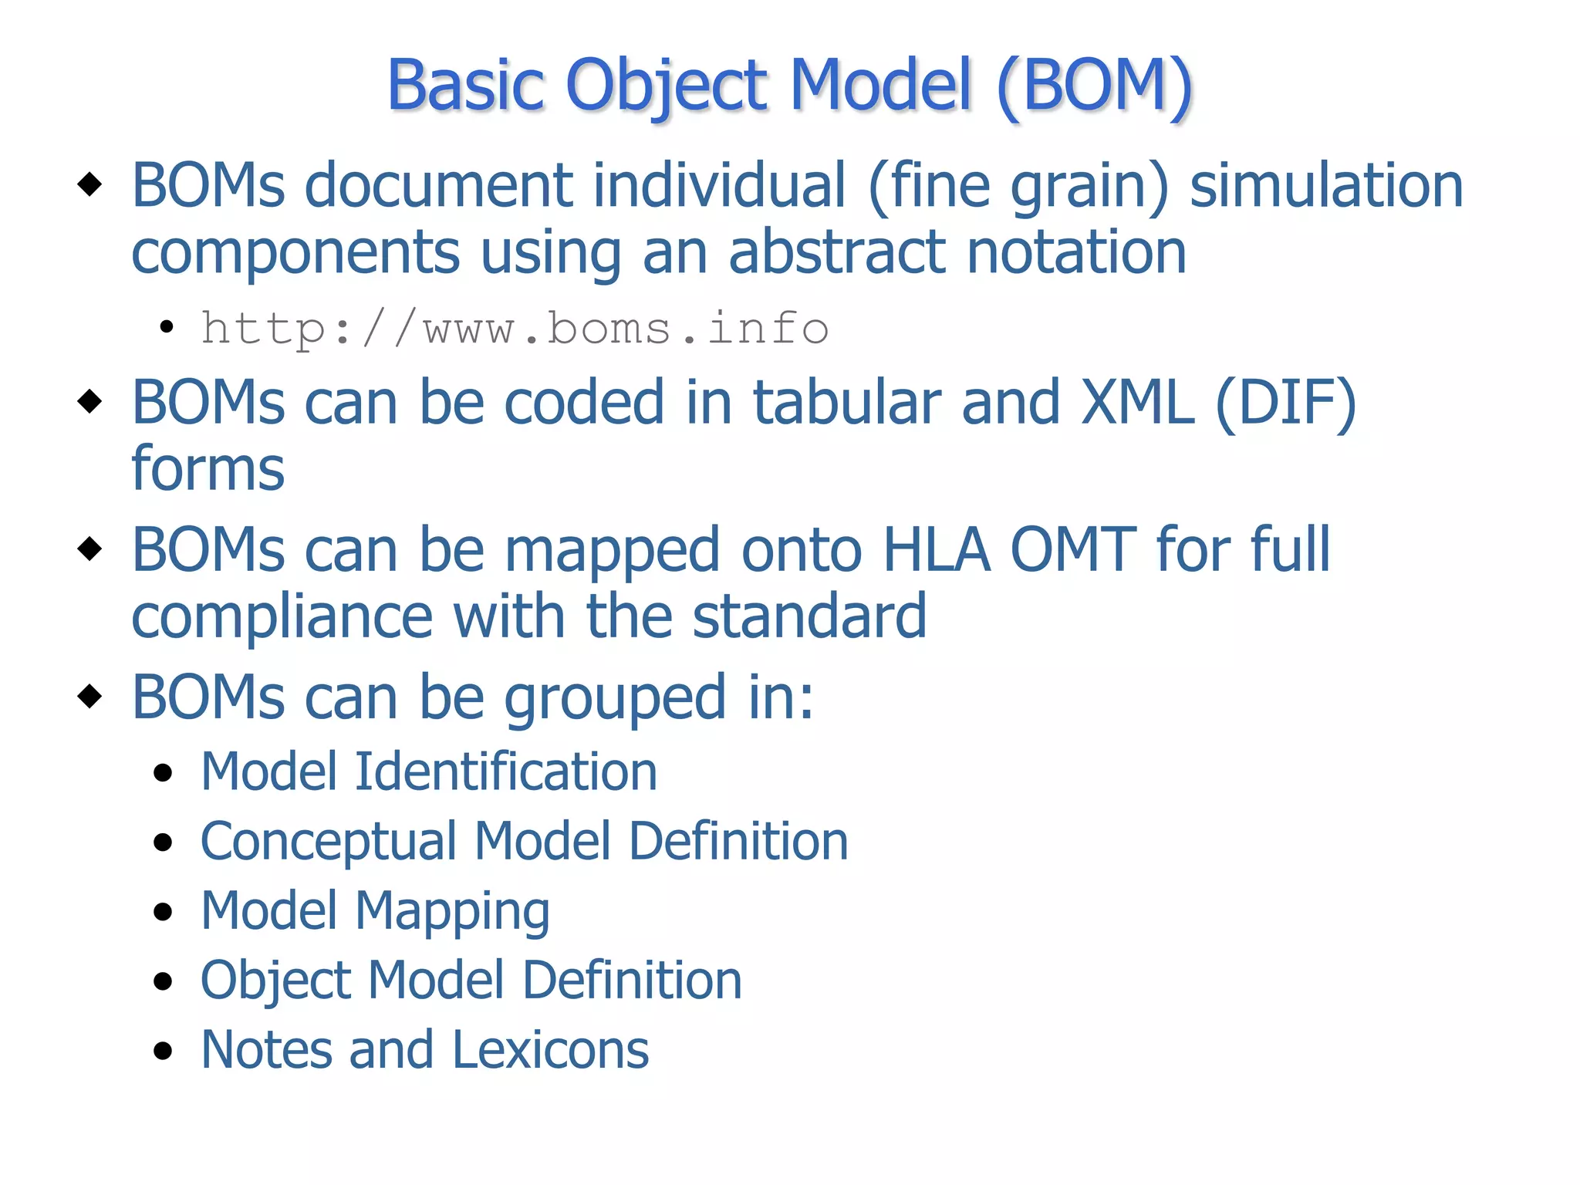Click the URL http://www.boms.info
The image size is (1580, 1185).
(x=515, y=329)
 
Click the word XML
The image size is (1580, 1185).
(x=1137, y=403)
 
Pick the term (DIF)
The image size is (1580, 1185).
(x=1285, y=403)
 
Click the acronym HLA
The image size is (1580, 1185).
(x=936, y=550)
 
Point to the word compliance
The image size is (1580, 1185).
(x=282, y=617)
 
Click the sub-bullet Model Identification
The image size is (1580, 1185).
(x=428, y=771)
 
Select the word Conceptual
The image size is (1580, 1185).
(x=328, y=842)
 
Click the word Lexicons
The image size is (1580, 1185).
(x=551, y=1050)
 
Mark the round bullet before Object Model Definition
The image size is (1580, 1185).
(x=163, y=981)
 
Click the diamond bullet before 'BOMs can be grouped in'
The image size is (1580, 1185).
(x=90, y=696)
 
